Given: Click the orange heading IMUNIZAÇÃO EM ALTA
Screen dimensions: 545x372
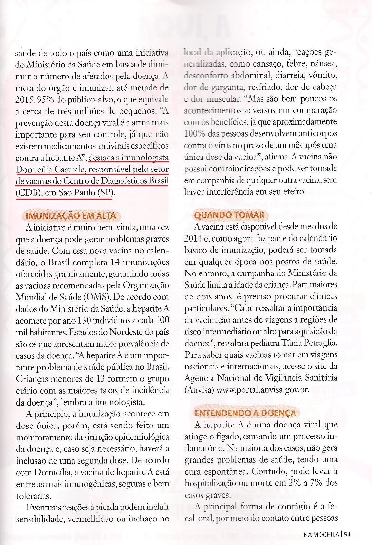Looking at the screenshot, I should pyautogui.click(x=71, y=215).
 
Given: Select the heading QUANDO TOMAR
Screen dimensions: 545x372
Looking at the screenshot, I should pyautogui.click(x=229, y=215).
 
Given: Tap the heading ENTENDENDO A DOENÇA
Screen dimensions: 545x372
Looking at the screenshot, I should pyautogui.click(x=245, y=413).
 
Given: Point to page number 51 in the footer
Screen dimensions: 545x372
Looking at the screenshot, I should pyautogui.click(x=347, y=534).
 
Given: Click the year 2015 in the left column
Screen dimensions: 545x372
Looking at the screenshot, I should pyautogui.click(x=25, y=99).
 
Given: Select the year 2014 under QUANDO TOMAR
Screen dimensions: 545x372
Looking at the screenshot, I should pyautogui.click(x=193, y=238).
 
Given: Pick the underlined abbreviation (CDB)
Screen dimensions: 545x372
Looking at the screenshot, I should pyautogui.click(x=28, y=192).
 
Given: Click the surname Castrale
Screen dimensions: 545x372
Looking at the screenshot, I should pyautogui.click(x=67, y=169).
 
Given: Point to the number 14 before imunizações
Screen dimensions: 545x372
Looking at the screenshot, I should pyautogui.click(x=115, y=262).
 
